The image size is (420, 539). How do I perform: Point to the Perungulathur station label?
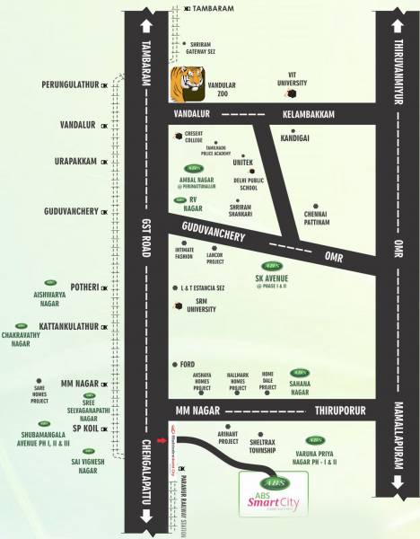click(71, 85)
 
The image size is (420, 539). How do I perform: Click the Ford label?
click(188, 365)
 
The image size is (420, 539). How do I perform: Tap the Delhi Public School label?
click(246, 184)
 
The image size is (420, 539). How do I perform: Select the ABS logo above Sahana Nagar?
click(300, 373)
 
